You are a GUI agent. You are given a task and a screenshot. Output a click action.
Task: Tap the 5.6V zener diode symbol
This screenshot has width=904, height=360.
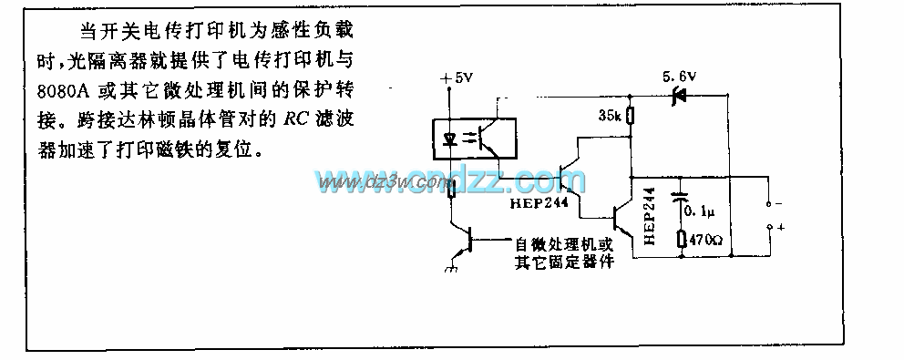click(x=677, y=94)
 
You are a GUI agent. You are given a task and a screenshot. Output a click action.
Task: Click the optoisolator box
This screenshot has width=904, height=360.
click(x=472, y=139)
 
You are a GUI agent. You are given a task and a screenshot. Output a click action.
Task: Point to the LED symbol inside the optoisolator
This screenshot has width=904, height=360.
click(x=450, y=140)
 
